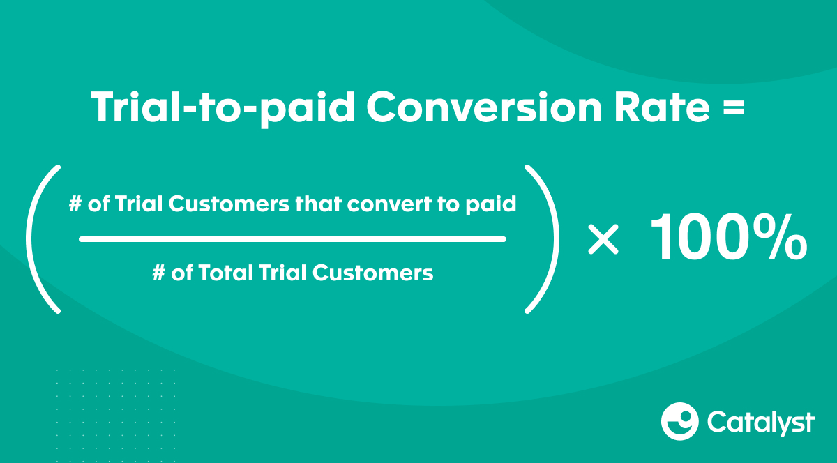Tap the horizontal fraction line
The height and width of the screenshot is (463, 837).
tap(292, 239)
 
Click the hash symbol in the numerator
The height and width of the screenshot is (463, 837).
tap(75, 204)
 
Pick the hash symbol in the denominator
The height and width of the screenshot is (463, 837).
tap(158, 273)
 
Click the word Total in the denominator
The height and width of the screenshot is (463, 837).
tap(225, 273)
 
